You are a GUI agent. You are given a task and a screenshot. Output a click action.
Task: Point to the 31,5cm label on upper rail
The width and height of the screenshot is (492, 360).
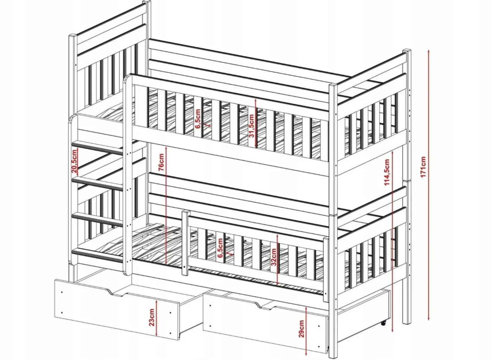[x=251, y=126]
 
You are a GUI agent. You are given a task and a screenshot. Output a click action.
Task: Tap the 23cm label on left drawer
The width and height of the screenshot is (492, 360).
[x=152, y=317]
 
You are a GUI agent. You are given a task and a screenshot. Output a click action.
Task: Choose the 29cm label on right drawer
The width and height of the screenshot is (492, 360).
[x=302, y=328]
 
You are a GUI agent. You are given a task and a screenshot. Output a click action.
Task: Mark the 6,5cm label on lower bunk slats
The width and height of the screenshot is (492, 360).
[x=220, y=248]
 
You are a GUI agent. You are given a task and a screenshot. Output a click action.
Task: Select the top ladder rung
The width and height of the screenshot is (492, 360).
[x=97, y=148]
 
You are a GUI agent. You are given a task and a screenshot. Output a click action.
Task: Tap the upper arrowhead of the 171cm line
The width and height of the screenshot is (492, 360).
[x=429, y=52]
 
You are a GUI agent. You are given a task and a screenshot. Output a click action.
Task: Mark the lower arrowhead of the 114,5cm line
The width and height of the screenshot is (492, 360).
[x=393, y=331]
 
